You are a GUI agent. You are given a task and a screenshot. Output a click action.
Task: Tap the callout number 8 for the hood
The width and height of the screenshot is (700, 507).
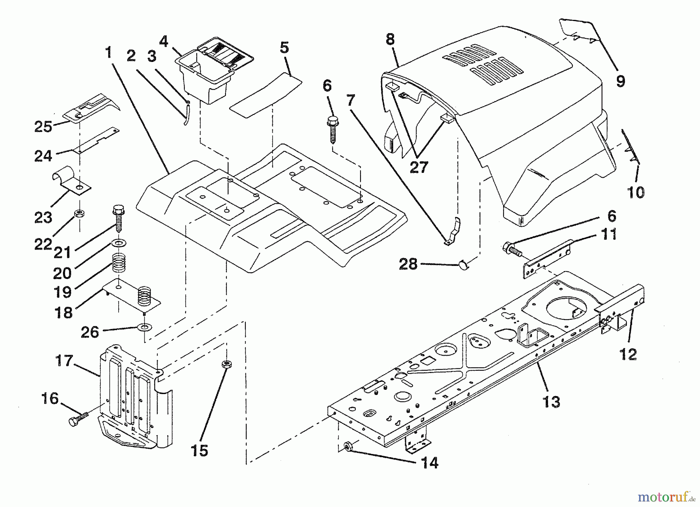[390, 39]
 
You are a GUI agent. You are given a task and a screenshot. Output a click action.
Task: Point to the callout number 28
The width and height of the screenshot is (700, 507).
[408, 264]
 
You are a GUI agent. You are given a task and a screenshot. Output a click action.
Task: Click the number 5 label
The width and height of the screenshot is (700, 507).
[284, 48]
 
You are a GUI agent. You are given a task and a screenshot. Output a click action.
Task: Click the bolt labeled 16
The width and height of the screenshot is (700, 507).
[74, 422]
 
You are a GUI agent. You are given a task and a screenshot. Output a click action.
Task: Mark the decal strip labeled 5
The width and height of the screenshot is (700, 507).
[266, 96]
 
